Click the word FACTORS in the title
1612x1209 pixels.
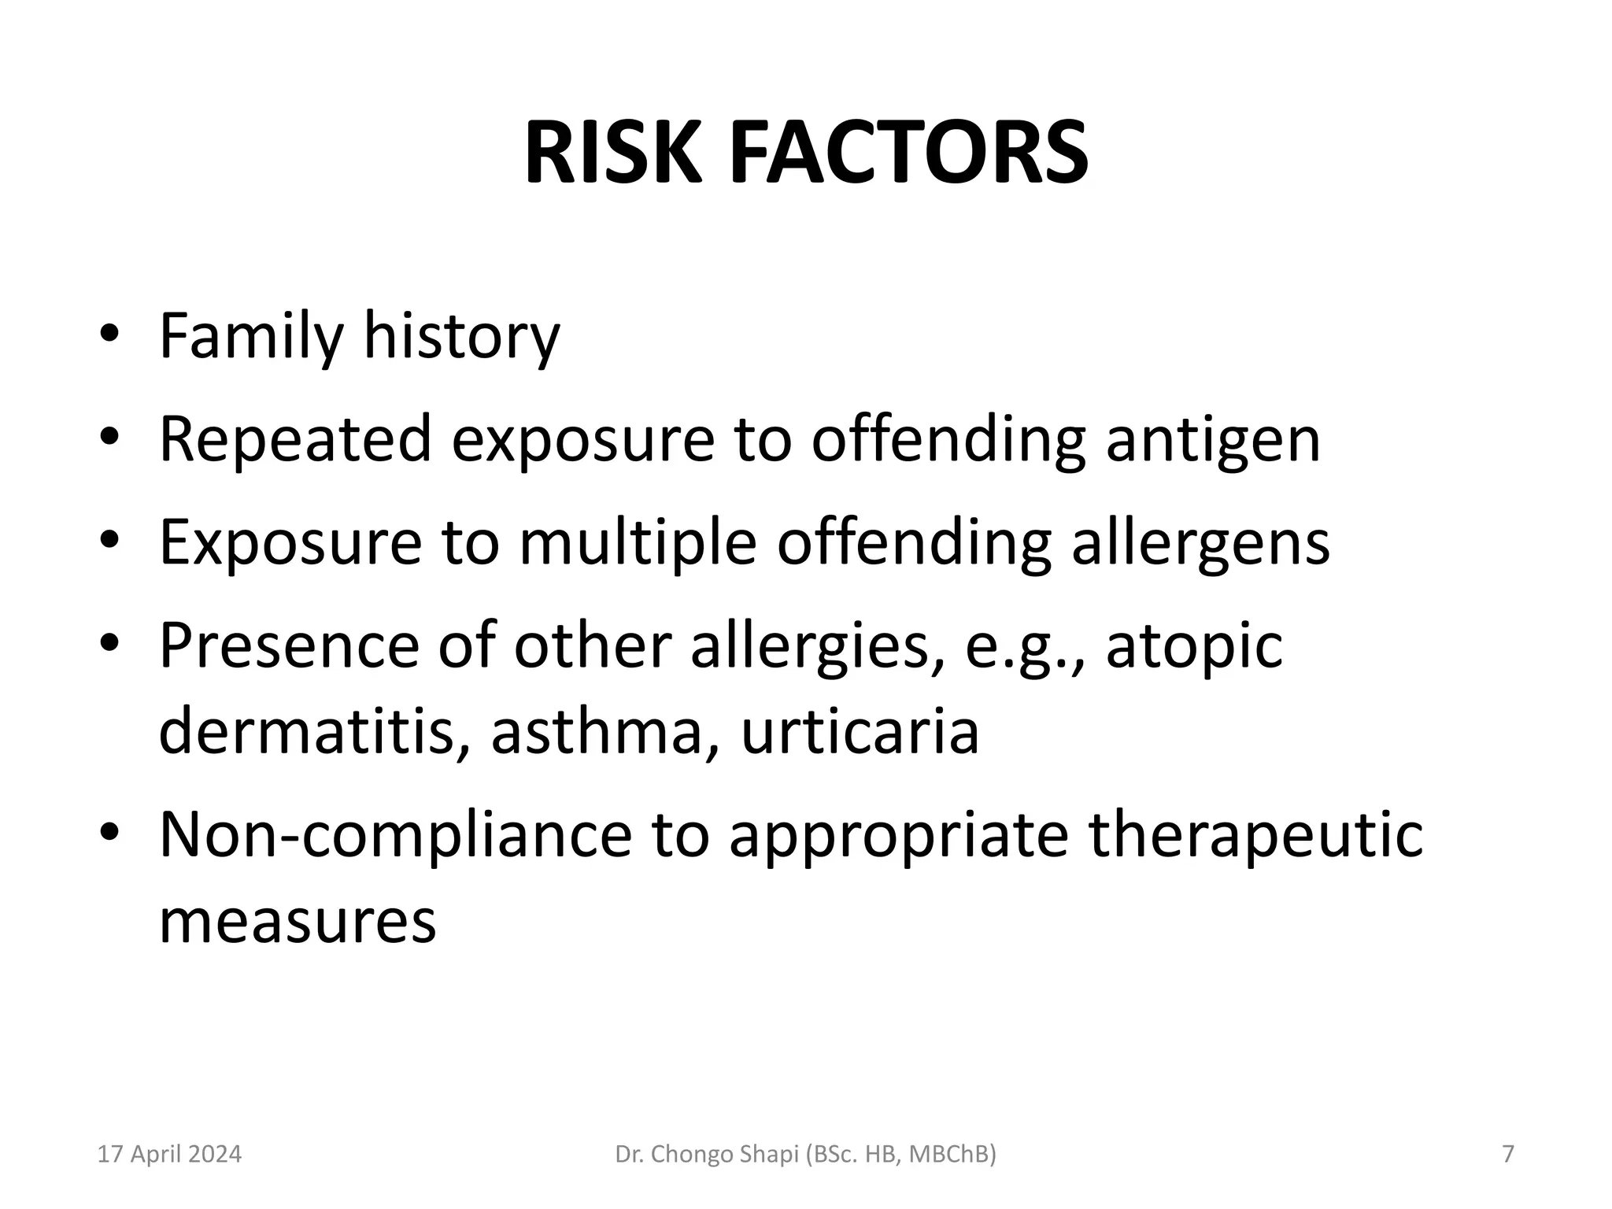(x=909, y=153)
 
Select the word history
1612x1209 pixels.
(x=461, y=337)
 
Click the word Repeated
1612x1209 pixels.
(x=295, y=439)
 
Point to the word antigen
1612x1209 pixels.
(x=1213, y=439)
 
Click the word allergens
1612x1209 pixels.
(x=1200, y=542)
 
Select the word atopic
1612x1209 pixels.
(x=1194, y=645)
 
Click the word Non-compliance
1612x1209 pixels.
(x=395, y=835)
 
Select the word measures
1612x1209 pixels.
(x=298, y=921)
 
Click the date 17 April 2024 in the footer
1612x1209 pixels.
(x=169, y=1155)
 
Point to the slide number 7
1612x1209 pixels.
(x=1508, y=1155)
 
